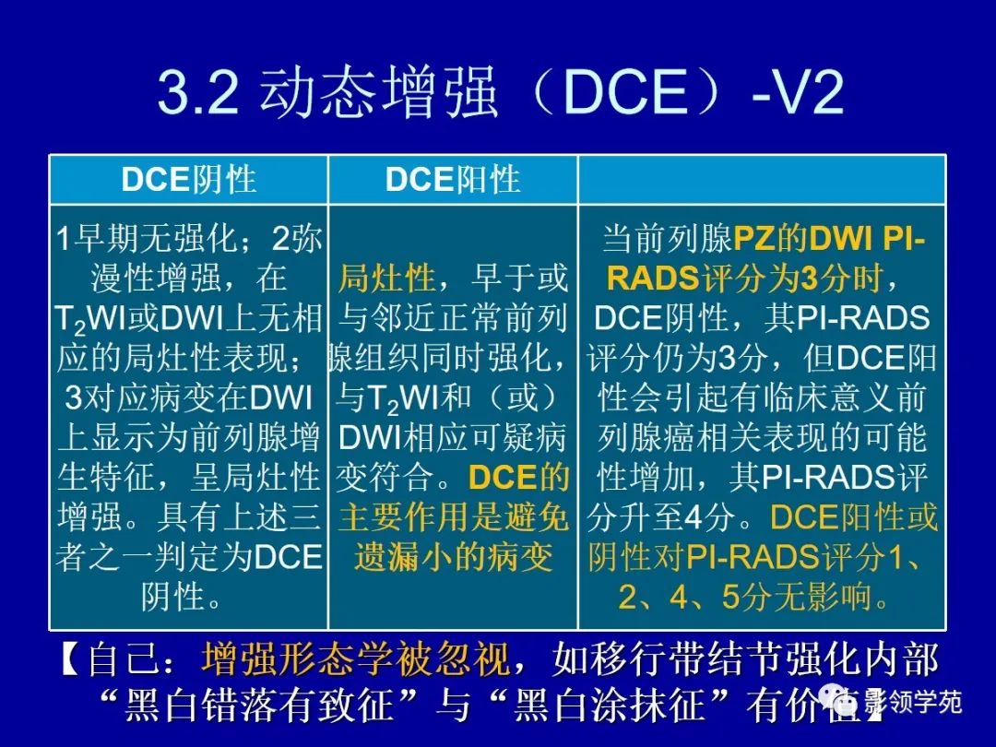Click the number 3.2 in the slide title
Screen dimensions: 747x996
[x=199, y=93]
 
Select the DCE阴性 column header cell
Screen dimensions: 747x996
[x=188, y=180]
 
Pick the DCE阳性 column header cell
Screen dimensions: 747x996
[x=453, y=180]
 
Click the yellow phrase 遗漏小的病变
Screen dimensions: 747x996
[x=453, y=558]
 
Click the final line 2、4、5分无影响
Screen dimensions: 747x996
[x=755, y=599]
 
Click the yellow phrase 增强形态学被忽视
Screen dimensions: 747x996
[x=356, y=660]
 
